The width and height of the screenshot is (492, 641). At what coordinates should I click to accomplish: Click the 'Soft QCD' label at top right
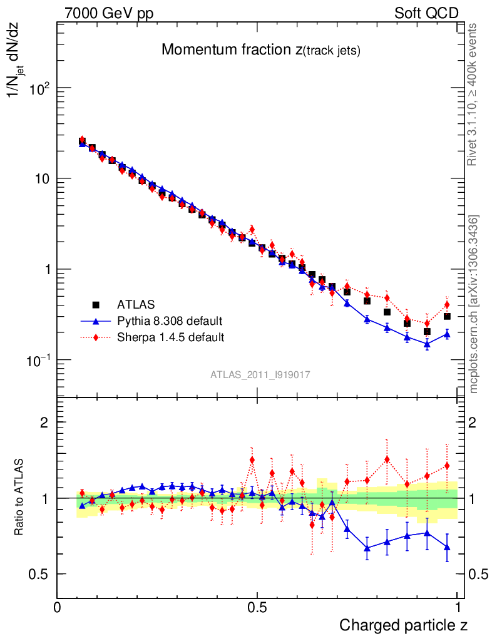(426, 13)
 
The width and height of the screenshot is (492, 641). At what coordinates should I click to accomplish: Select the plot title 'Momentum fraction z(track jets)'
(260, 51)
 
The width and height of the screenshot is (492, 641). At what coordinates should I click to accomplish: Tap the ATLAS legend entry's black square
(96, 305)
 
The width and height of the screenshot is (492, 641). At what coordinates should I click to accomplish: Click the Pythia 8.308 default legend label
(170, 321)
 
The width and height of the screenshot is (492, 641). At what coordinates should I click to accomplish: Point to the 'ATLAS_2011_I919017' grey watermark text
(260, 374)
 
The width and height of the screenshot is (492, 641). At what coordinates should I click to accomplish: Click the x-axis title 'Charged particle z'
(403, 625)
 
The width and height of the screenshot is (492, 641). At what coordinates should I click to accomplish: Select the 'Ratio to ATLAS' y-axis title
(20, 498)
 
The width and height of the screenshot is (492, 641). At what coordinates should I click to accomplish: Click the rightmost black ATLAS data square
(447, 316)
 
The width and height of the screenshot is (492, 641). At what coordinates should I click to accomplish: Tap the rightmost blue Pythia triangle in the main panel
(447, 334)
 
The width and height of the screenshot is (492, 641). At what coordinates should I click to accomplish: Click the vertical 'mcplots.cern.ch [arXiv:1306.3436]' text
(474, 304)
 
